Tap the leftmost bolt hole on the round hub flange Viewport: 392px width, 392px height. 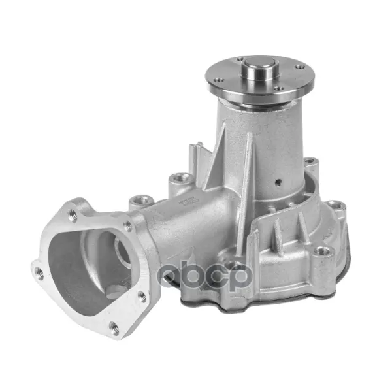coord(219,80)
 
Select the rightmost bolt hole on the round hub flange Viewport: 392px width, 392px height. coord(299,67)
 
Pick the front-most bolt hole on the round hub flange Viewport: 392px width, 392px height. coord(279,88)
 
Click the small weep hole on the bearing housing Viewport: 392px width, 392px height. coord(278,182)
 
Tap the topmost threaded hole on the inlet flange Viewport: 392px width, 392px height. coord(73,216)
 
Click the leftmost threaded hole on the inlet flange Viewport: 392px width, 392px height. coord(39,272)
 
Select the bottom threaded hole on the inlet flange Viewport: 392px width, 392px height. coord(114,327)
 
